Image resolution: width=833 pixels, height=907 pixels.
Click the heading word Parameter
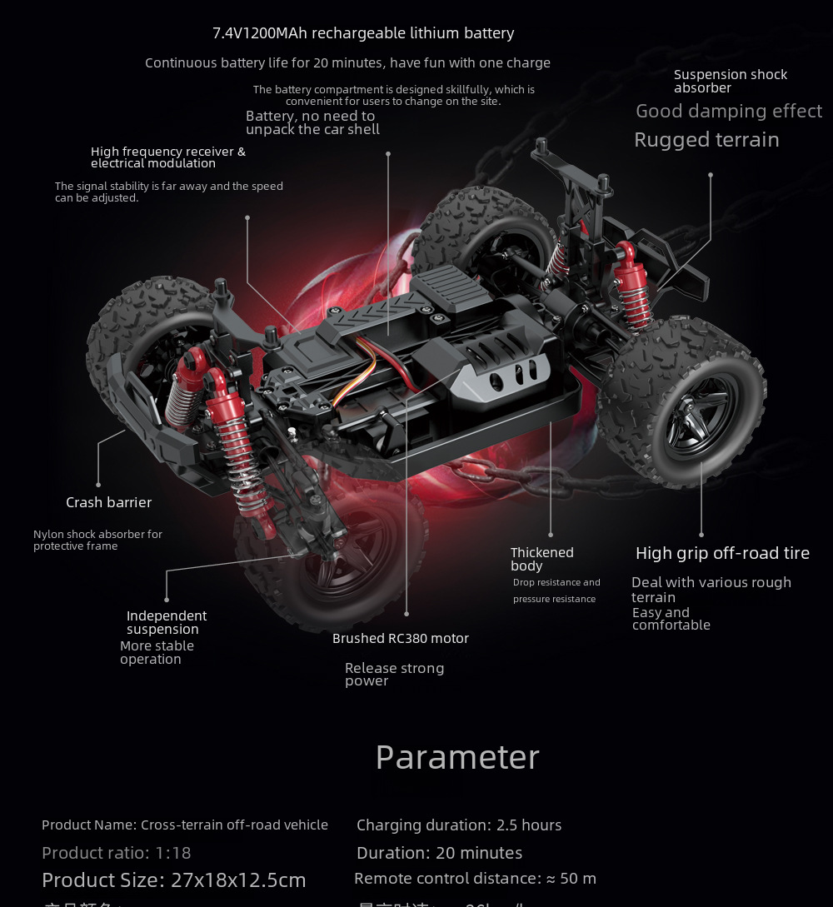coord(457,757)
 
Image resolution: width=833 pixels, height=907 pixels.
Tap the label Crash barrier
coord(108,502)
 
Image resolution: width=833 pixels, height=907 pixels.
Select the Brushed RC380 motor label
coord(401,639)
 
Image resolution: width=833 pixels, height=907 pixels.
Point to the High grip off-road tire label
coord(722,553)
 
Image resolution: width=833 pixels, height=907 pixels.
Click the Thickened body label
coord(541,559)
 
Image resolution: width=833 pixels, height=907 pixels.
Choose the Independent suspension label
coord(166,622)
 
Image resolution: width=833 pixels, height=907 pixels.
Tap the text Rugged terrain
coord(706,140)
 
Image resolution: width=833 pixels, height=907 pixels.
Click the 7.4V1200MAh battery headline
coord(363,33)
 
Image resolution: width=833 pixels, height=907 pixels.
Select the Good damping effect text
coord(729,112)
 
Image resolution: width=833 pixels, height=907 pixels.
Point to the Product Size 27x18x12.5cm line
coord(174,880)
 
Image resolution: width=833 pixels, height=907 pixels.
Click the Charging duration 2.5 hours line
coord(459,825)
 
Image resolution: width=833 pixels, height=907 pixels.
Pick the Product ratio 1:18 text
coord(117,853)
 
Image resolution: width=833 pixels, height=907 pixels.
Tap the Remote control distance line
coord(475,879)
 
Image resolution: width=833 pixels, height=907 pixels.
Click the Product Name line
coord(185,825)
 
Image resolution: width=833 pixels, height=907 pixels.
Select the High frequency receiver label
coord(168,157)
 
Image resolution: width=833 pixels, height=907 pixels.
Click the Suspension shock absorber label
coord(730,81)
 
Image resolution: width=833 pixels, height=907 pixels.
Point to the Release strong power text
coord(394,675)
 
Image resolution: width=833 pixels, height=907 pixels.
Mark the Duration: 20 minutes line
coord(439,853)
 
